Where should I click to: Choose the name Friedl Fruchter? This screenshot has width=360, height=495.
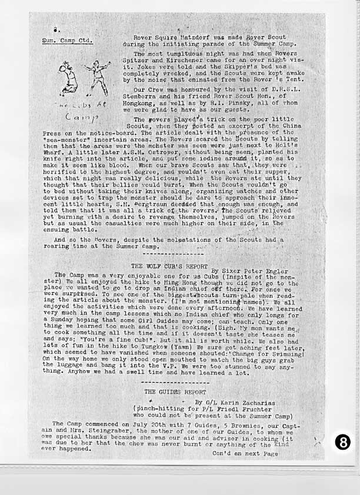248,409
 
